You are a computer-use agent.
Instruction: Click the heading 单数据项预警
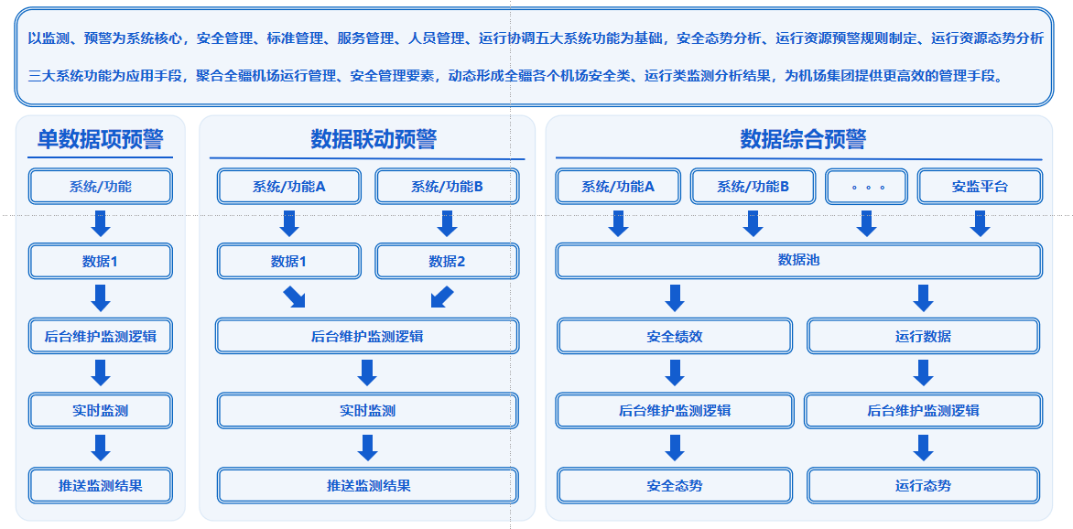pyautogui.click(x=100, y=140)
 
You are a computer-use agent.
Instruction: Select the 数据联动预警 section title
pyautogui.click(x=374, y=140)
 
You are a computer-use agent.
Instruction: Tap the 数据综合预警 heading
pyautogui.click(x=804, y=140)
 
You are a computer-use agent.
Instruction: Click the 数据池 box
pyautogui.click(x=798, y=261)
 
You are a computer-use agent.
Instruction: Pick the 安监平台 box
pyautogui.click(x=980, y=186)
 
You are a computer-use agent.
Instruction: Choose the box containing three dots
pyautogui.click(x=866, y=186)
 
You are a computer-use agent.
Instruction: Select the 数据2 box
pyautogui.click(x=447, y=261)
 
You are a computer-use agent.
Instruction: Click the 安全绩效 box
pyautogui.click(x=674, y=336)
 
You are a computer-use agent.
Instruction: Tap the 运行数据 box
pyautogui.click(x=923, y=336)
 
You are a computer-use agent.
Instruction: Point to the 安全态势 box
pyautogui.click(x=674, y=485)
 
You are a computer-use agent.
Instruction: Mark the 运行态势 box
pyautogui.click(x=923, y=485)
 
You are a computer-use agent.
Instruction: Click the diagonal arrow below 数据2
pyautogui.click(x=442, y=297)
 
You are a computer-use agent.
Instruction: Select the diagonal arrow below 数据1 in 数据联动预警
pyautogui.click(x=294, y=297)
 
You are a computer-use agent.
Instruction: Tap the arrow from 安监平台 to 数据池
pyautogui.click(x=980, y=224)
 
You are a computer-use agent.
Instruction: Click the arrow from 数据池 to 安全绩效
pyautogui.click(x=674, y=298)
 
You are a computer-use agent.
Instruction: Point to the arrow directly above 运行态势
pyautogui.click(x=923, y=448)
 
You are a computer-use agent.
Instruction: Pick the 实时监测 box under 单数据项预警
pyautogui.click(x=101, y=411)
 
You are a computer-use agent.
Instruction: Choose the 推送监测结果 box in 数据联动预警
pyautogui.click(x=367, y=485)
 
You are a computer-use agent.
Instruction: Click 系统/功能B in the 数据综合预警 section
pyautogui.click(x=753, y=186)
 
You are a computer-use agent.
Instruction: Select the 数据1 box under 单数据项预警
pyautogui.click(x=101, y=261)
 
